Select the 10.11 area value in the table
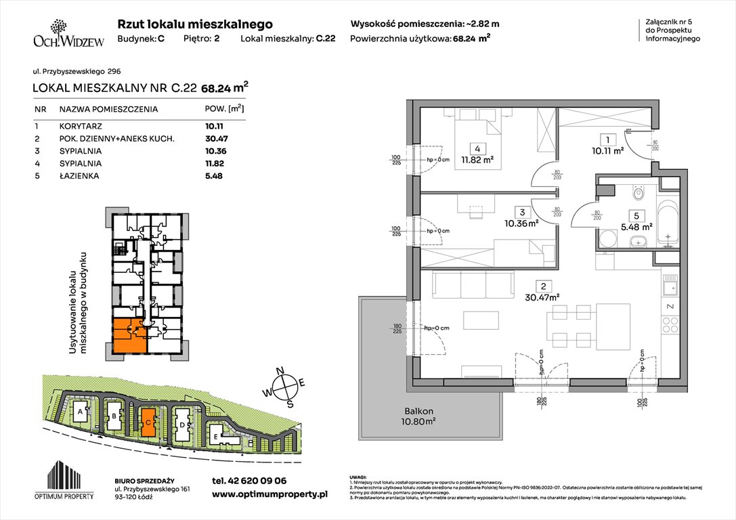(214, 126)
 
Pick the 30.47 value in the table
(214, 139)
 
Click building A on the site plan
(81, 411)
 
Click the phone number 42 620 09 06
(249, 480)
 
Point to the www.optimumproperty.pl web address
(269, 495)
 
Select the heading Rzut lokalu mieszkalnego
(195, 24)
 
